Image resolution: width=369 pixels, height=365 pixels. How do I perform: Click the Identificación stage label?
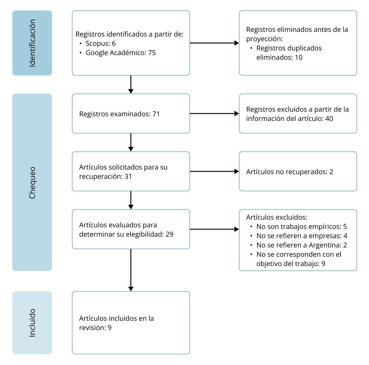tap(32, 43)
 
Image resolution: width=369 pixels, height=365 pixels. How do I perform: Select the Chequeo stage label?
tap(32, 182)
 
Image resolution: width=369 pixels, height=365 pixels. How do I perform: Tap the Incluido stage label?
tap(32, 323)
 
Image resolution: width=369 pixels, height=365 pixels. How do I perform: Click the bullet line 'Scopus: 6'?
tap(101, 44)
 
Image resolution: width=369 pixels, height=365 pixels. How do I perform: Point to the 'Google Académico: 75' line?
tap(121, 53)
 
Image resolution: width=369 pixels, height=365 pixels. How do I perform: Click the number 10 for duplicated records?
tap(298, 58)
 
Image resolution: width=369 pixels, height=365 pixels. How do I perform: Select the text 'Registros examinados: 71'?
tap(119, 114)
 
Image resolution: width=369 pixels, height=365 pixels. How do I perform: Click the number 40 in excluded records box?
tap(329, 119)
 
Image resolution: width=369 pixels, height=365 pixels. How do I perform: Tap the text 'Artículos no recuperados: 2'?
tap(290, 172)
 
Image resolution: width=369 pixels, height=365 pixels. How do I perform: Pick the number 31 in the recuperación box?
tap(128, 177)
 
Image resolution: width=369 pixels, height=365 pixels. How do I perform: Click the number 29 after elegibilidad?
tap(169, 234)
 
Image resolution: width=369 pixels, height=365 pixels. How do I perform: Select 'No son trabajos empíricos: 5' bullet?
tap(302, 227)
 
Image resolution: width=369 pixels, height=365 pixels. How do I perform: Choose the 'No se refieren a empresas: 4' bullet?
tap(302, 236)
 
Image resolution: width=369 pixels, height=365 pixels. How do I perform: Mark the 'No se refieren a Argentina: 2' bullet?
tap(302, 245)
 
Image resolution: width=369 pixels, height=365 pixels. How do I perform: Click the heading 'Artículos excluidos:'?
tap(277, 217)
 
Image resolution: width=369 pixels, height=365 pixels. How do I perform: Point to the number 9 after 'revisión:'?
tap(109, 328)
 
